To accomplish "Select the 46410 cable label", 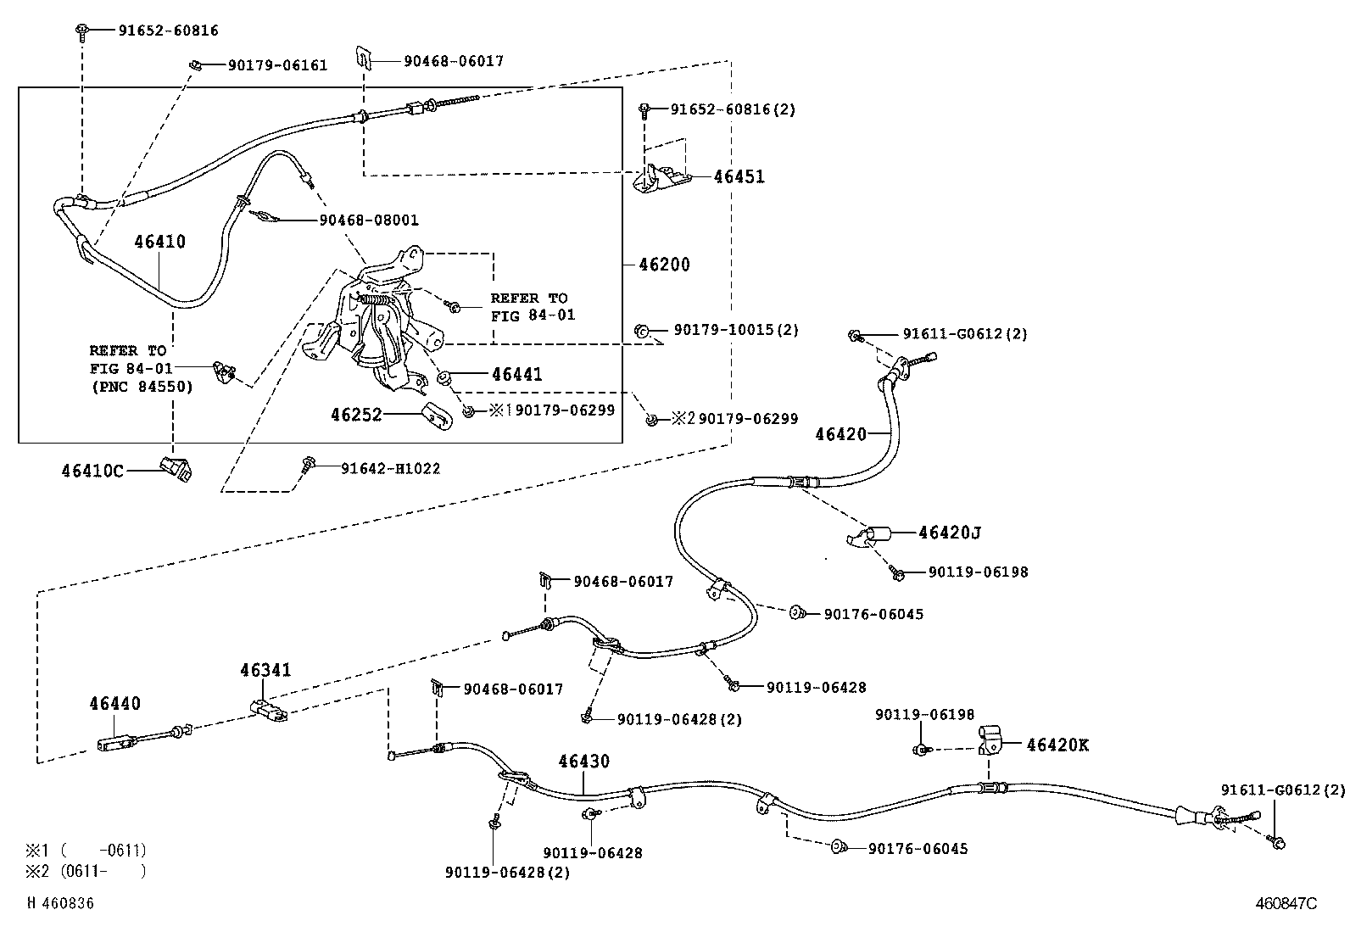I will coord(159,242).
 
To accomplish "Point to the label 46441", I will coord(516,374).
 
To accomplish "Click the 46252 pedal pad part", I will coord(436,415).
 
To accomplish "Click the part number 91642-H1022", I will coord(390,468).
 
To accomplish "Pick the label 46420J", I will coord(950,533).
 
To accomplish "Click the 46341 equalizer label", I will coord(265,670).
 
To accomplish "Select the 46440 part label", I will coord(114,704).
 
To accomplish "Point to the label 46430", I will coord(583,762).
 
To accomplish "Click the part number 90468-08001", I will coord(368,220).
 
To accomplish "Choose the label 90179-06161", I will coord(276,65).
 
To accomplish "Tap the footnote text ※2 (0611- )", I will coord(85,871).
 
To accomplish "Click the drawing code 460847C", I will coord(1286,904).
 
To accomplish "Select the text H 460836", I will coord(61,904).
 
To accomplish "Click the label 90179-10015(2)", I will coord(735,329).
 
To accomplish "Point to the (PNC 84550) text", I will coord(142,387).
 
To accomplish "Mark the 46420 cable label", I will coord(840,434).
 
